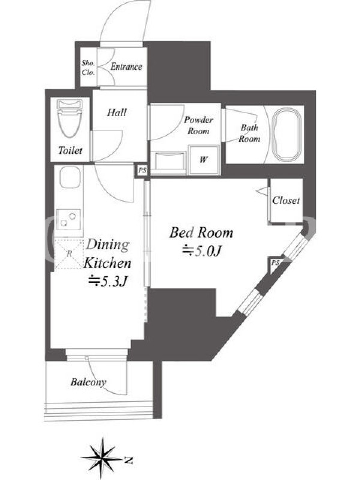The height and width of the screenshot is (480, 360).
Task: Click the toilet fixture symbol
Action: point(70,118)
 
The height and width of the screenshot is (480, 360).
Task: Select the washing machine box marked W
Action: point(204,160)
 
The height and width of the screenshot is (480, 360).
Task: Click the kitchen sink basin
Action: point(70,178)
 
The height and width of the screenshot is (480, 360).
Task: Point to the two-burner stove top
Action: point(69,220)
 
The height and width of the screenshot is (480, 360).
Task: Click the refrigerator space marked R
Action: point(69,254)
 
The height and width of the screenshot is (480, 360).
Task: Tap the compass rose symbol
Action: point(102,458)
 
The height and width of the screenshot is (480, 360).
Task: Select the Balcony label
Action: point(88,382)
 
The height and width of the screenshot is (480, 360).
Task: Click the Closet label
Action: point(286,200)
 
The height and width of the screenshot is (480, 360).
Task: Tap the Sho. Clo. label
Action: point(88,68)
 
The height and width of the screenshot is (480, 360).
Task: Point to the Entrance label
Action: point(126,67)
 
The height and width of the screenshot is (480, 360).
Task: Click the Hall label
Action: point(116,112)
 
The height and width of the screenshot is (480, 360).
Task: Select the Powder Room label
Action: point(199,125)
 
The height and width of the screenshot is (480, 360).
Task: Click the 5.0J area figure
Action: point(202,251)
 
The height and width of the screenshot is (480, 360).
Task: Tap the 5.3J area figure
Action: point(108,281)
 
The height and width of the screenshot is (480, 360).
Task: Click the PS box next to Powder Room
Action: point(142,170)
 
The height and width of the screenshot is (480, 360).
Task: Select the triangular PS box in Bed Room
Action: point(274,263)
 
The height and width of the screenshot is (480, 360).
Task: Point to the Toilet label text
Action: point(70,151)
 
